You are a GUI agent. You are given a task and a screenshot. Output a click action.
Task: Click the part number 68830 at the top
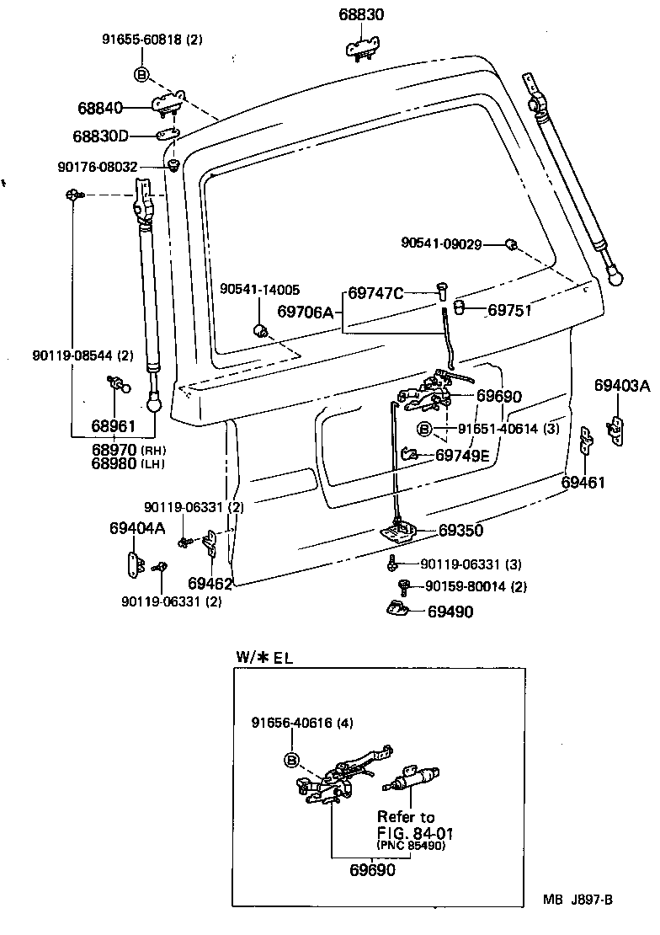361,15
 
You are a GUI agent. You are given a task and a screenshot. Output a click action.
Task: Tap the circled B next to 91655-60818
141,75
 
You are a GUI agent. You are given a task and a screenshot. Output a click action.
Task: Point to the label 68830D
100,136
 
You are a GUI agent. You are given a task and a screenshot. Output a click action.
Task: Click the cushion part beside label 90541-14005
261,328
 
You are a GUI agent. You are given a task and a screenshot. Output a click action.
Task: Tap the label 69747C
375,293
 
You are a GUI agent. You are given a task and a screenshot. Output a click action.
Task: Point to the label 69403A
622,386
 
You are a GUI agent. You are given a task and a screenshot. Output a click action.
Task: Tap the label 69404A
137,528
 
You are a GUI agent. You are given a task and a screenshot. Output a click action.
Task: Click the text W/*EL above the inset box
263,657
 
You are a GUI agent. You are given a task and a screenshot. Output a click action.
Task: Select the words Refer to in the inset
406,816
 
